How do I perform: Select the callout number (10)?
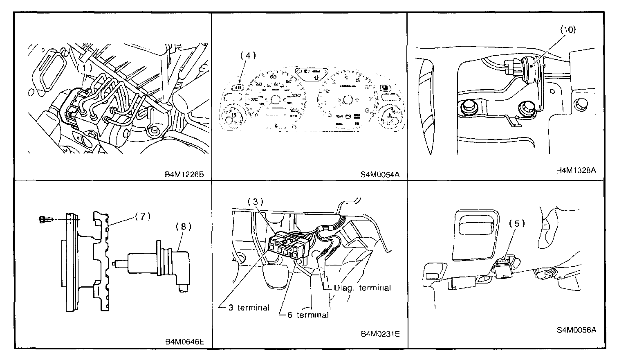tap(567, 29)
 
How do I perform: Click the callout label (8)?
tap(183, 226)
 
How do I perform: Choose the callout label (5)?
tap(517, 223)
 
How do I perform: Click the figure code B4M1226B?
tap(184, 175)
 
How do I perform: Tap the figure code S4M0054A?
tap(379, 175)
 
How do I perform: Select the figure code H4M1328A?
tap(576, 171)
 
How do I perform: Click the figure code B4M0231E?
tap(380, 334)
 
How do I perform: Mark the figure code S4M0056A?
tap(576, 330)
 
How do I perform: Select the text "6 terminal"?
tap(307, 315)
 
